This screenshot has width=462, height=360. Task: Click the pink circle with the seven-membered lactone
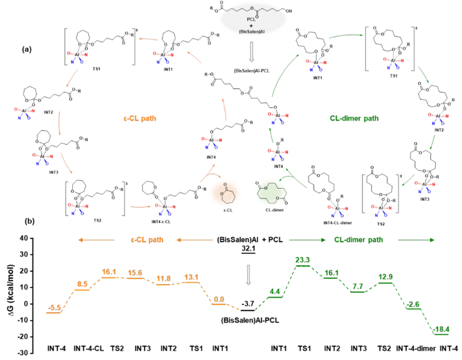(x=223, y=193)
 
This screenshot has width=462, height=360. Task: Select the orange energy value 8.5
(x=82, y=284)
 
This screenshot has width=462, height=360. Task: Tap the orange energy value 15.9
(x=135, y=273)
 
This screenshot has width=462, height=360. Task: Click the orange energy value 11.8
(x=164, y=278)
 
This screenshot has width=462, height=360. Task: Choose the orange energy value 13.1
(x=191, y=277)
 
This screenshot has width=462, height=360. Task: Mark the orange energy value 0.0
(x=219, y=299)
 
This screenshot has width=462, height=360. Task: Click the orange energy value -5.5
(x=54, y=307)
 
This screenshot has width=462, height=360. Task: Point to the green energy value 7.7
(x=357, y=288)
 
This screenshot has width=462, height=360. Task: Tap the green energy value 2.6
(x=413, y=304)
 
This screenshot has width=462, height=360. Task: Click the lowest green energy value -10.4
(x=442, y=330)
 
